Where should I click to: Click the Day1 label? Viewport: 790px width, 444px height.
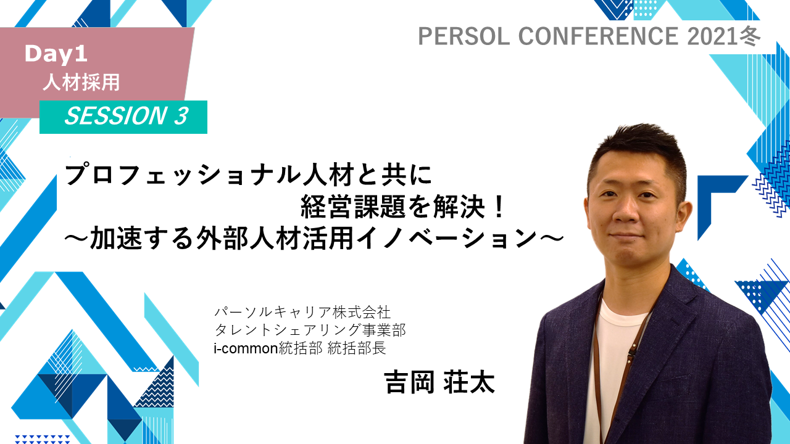[x=56, y=54]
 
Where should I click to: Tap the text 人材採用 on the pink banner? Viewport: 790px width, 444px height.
[x=81, y=83]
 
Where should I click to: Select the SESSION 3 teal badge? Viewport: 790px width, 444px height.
[x=123, y=117]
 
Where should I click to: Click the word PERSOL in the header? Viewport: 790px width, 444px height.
[x=464, y=36]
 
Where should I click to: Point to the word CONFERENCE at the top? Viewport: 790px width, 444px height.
[x=598, y=36]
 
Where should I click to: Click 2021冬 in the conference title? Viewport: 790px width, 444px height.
[x=723, y=36]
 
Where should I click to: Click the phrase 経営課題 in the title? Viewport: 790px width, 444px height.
[x=352, y=207]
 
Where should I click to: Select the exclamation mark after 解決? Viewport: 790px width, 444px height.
[x=498, y=207]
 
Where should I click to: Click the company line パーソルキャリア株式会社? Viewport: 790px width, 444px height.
[x=302, y=312]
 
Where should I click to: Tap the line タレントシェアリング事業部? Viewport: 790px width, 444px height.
[x=310, y=330]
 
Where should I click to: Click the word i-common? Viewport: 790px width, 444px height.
[x=246, y=348]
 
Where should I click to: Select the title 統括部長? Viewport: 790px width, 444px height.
[x=357, y=348]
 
